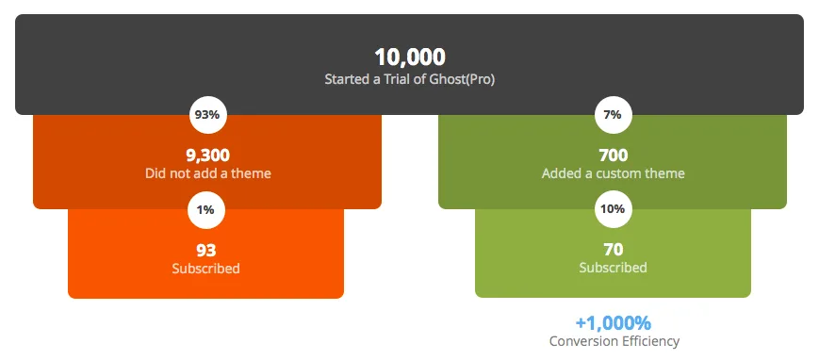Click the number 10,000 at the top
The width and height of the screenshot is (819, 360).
point(410,57)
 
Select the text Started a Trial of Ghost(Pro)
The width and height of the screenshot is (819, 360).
point(409,80)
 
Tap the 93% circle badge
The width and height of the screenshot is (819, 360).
point(207,115)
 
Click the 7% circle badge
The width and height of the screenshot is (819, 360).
point(614,115)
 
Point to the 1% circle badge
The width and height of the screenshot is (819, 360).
point(206,209)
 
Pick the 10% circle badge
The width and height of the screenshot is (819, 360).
point(614,209)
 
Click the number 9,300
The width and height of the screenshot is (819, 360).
point(208,155)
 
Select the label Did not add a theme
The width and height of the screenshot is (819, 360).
point(208,173)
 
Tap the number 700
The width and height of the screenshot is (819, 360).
point(614,155)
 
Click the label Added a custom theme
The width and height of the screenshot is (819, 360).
point(614,173)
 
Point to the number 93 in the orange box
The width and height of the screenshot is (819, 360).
point(206,251)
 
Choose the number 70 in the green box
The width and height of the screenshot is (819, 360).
point(614,250)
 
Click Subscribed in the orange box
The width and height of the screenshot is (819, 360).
point(205,269)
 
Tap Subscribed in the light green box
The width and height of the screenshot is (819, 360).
point(614,268)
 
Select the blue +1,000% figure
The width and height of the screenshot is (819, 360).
point(614,323)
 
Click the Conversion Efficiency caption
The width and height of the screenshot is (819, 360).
point(614,342)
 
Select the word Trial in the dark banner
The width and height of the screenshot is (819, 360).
point(401,80)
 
